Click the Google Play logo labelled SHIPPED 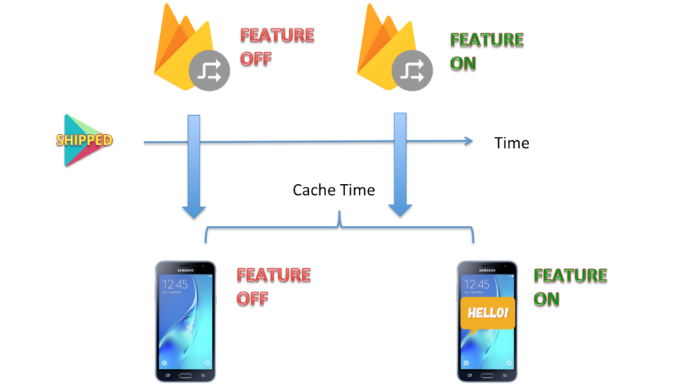click(x=83, y=140)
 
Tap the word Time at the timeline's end click(x=511, y=143)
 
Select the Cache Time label click(x=334, y=190)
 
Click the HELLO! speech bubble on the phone click(x=487, y=313)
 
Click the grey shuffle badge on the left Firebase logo click(x=208, y=71)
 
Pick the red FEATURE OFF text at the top click(x=277, y=47)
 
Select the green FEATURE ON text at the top click(x=487, y=51)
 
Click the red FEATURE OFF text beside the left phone click(x=273, y=287)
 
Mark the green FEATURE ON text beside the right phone click(x=570, y=287)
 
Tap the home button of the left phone click(x=185, y=375)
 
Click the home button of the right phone click(x=487, y=375)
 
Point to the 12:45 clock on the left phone click(x=176, y=285)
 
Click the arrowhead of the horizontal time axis click(x=468, y=142)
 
